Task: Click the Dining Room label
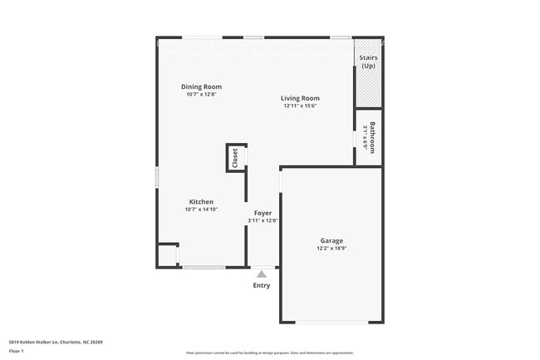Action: (201, 86)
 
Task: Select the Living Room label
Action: (300, 98)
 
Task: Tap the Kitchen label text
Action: (201, 202)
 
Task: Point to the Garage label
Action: (331, 241)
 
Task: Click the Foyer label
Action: (263, 214)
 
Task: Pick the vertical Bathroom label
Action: (373, 137)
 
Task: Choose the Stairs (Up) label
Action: (368, 62)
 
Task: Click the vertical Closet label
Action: (235, 158)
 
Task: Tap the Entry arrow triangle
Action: (262, 274)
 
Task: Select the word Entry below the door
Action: (262, 286)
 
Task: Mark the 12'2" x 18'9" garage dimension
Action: (331, 249)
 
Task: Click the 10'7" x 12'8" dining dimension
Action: (201, 94)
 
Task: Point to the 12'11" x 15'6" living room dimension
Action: (300, 106)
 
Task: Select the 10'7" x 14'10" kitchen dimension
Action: (201, 210)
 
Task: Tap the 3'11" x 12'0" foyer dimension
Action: (263, 221)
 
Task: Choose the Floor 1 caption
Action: (17, 351)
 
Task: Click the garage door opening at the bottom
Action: (331, 323)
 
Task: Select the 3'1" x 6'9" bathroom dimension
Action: (365, 137)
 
